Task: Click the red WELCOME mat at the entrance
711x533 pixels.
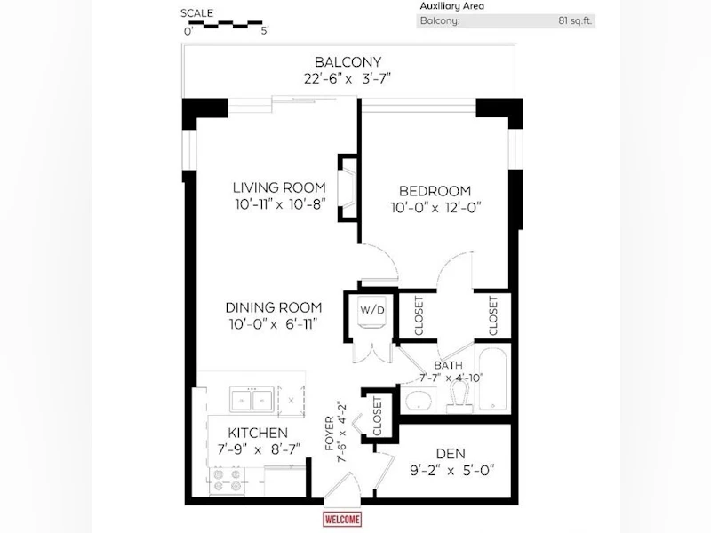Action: coord(342,520)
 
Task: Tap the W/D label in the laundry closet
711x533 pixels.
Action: coord(372,310)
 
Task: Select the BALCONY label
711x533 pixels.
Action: coord(348,61)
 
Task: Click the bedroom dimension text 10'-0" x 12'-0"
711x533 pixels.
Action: coord(435,208)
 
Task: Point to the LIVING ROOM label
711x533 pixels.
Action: coord(279,187)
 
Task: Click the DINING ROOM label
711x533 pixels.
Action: coord(274,307)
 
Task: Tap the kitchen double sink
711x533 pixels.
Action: coord(252,400)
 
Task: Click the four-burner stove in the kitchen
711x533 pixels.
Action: coord(228,481)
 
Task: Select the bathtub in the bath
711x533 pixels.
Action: coord(493,379)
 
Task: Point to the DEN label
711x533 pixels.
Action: coord(451,454)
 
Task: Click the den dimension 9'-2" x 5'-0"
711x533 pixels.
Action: coord(452,471)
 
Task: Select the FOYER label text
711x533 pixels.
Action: coord(330,434)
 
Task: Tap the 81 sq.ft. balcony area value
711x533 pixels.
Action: coord(575,20)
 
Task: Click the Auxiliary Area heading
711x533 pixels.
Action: coord(452,6)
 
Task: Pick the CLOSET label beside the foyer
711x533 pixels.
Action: coord(377,416)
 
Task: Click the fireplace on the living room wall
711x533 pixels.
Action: coord(348,188)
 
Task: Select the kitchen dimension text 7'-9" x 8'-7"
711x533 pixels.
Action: coord(259,449)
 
